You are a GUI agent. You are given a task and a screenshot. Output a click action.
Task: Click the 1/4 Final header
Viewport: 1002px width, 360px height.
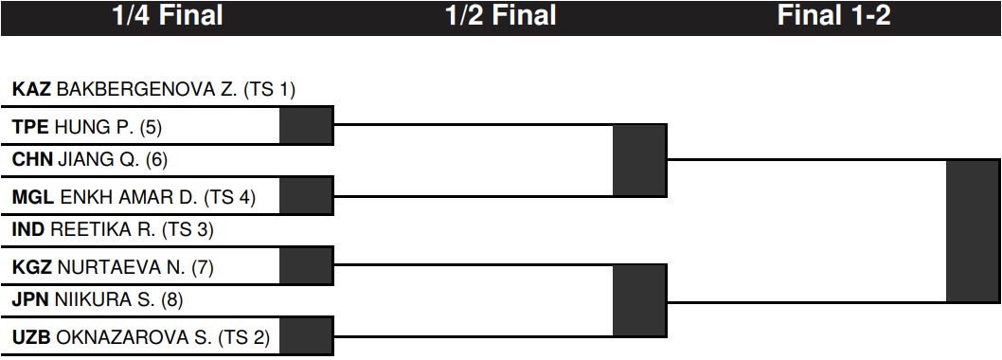[x=168, y=15]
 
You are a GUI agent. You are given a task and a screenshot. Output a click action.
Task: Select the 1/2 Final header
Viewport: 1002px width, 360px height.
[x=500, y=15]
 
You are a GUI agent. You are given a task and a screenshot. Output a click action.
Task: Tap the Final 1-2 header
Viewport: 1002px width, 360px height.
[x=833, y=15]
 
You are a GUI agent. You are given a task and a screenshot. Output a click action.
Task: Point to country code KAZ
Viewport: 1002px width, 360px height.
[x=32, y=90]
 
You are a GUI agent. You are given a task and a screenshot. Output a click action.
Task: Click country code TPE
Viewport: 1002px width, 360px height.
[x=30, y=128]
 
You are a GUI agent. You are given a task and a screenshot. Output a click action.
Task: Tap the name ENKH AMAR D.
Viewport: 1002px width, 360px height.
[x=129, y=198]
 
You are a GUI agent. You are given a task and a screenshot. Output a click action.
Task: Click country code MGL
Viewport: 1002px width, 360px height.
[x=32, y=198]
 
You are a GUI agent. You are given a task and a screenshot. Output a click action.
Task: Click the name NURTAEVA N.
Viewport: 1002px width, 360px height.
[x=122, y=268]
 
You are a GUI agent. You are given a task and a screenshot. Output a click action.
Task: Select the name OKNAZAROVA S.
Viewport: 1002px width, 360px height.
[x=134, y=337]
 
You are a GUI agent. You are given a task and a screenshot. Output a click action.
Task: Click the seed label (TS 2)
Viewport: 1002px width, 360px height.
[x=244, y=337]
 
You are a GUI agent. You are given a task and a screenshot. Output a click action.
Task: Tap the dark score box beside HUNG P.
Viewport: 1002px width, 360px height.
[x=306, y=125]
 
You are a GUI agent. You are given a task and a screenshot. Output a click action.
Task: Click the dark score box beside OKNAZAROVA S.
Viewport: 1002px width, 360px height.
[x=306, y=335]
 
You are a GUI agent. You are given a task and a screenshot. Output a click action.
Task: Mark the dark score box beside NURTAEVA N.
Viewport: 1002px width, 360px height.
[x=306, y=265]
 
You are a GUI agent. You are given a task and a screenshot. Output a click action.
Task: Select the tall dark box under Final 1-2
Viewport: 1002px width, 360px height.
[x=974, y=231]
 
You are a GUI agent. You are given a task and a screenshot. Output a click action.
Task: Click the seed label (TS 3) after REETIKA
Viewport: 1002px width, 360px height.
[x=188, y=230]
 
